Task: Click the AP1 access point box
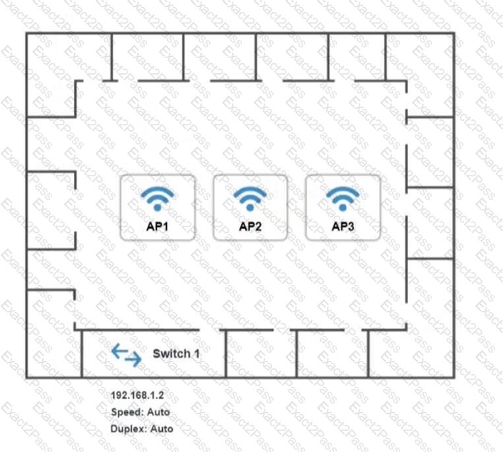click(158, 207)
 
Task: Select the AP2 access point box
click(251, 207)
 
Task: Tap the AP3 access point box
click(343, 207)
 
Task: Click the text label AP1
click(158, 226)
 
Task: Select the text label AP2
click(251, 226)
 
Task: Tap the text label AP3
click(343, 226)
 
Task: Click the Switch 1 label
click(176, 354)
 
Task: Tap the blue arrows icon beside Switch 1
click(127, 355)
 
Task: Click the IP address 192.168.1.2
click(137, 395)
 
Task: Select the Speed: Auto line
click(140, 412)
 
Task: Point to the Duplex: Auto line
click(142, 429)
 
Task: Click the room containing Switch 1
click(154, 354)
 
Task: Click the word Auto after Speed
click(158, 412)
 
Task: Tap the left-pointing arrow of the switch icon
click(119, 351)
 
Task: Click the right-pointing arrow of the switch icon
click(133, 359)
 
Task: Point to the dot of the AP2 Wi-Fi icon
click(251, 208)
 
